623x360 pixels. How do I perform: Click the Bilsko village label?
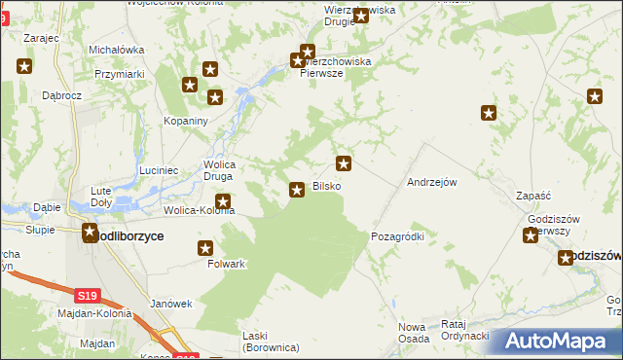click(x=326, y=186)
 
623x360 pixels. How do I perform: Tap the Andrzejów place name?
click(x=432, y=182)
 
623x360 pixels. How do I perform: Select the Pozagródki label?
click(x=398, y=236)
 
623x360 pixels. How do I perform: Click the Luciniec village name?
click(x=158, y=170)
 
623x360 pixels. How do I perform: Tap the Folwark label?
click(x=226, y=264)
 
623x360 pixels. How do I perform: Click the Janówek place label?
click(x=170, y=304)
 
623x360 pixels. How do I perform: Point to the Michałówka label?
click(x=116, y=50)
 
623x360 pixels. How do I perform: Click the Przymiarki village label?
click(x=120, y=74)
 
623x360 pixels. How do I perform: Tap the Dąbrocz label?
click(x=61, y=96)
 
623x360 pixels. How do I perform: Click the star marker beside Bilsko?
click(x=297, y=189)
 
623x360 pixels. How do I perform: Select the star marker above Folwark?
click(x=206, y=248)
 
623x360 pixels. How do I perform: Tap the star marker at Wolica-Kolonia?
click(x=223, y=202)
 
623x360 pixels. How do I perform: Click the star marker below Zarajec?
click(x=24, y=66)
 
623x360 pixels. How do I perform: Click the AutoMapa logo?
click(x=556, y=342)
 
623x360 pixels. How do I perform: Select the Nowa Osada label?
click(x=413, y=332)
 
